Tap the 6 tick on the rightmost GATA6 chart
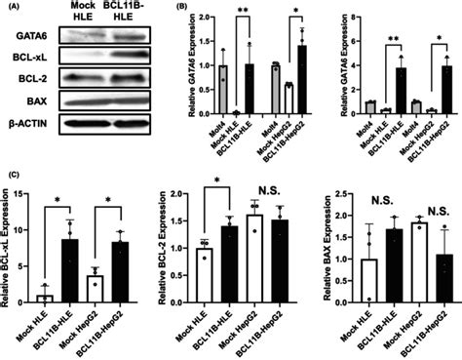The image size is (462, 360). point(345,54)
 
